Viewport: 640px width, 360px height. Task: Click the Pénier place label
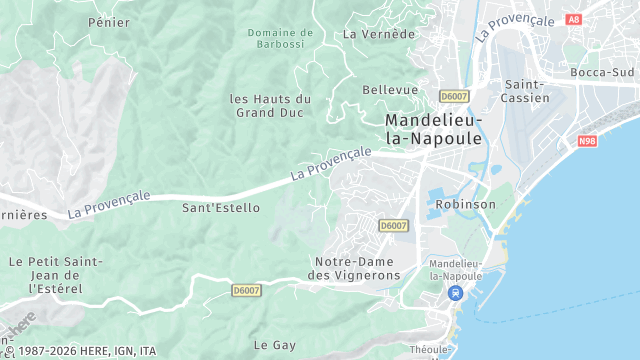click(109, 21)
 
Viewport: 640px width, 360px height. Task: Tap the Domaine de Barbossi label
click(280, 38)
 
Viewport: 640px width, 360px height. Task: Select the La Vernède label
click(378, 33)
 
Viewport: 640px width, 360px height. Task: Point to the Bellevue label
click(390, 90)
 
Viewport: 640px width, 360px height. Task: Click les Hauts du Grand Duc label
click(270, 105)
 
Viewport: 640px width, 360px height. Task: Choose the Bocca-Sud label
click(602, 72)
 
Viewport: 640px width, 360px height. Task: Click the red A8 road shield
click(573, 19)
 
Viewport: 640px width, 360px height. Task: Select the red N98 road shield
click(587, 141)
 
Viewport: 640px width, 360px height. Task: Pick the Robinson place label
click(466, 204)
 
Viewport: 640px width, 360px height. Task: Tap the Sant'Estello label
click(220, 208)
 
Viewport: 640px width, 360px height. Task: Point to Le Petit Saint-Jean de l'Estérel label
click(56, 274)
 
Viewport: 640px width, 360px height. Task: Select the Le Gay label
click(274, 345)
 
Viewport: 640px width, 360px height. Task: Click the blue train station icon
click(456, 294)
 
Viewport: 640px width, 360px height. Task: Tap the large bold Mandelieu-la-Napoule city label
click(434, 129)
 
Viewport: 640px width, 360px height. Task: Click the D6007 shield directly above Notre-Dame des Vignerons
click(393, 227)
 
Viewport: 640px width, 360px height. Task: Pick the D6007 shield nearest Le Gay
click(245, 291)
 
